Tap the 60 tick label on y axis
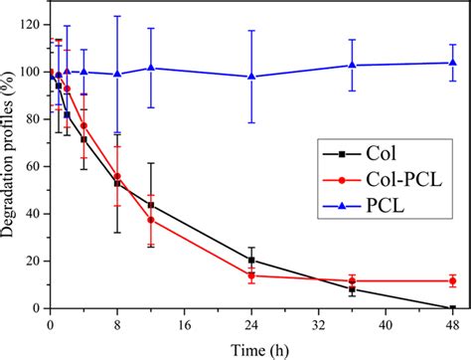click(x=34, y=166)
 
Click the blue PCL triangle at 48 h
click(x=453, y=63)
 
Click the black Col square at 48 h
click(x=453, y=308)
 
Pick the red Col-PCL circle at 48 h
click(x=453, y=280)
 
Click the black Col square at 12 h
click(x=151, y=205)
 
